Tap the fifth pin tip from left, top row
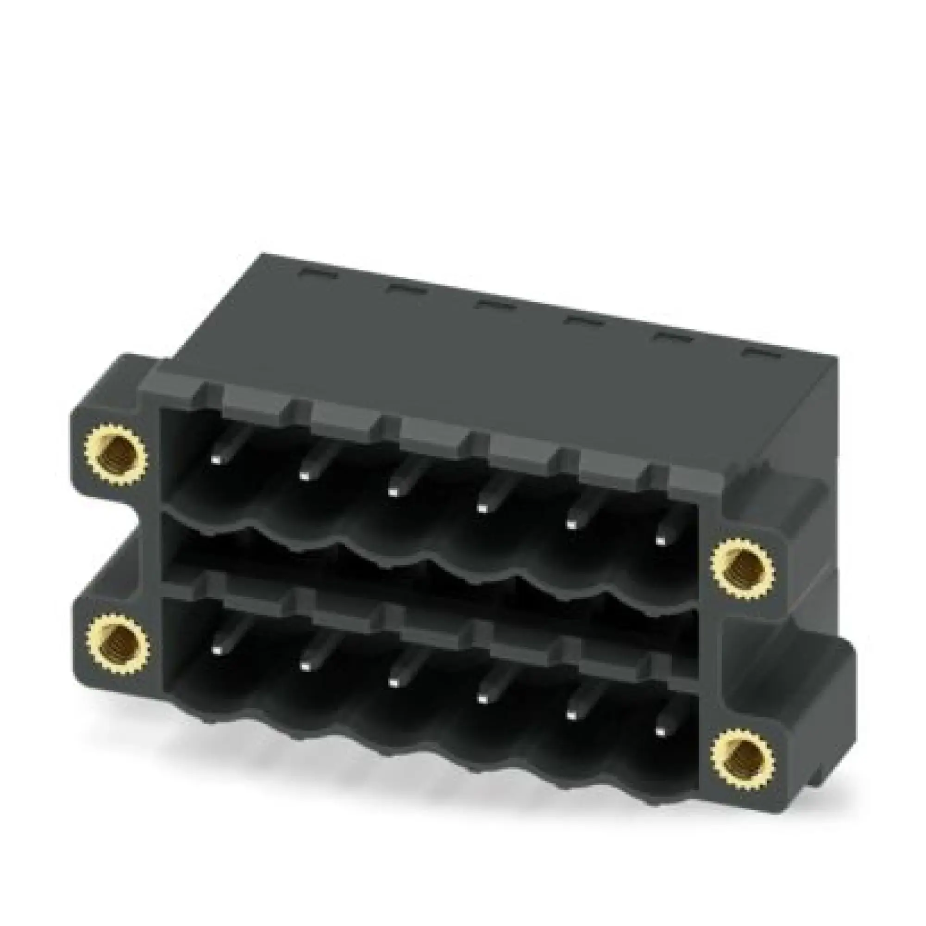[570, 525]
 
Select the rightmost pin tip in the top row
[661, 541]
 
